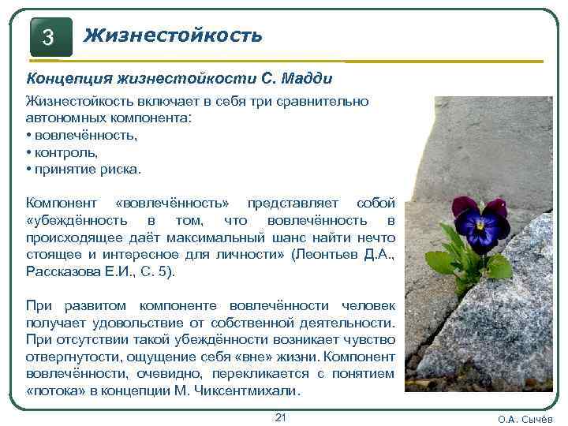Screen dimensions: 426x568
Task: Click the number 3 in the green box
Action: click(x=49, y=37)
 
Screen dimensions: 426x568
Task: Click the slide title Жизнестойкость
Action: click(x=173, y=35)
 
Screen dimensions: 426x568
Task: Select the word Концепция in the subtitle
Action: click(x=69, y=79)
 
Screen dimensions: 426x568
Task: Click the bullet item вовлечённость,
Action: click(x=85, y=135)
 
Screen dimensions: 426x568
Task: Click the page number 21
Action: click(x=279, y=417)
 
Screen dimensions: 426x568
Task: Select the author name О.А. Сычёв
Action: click(x=525, y=419)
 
